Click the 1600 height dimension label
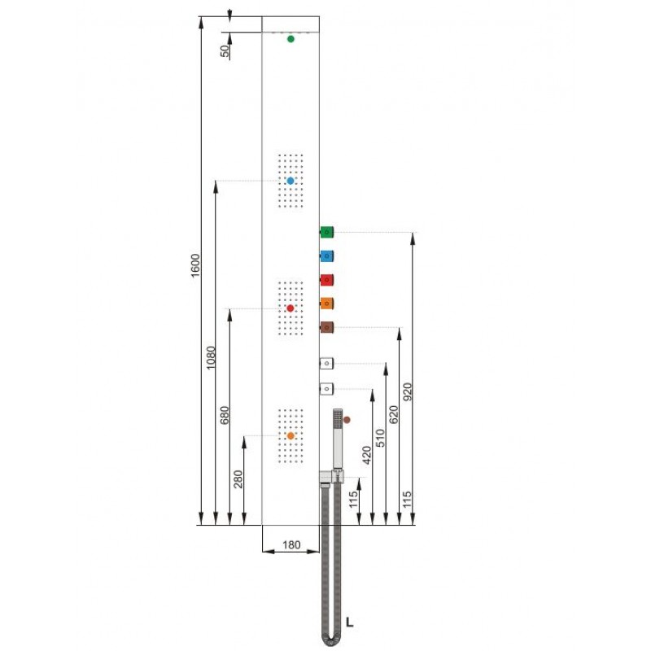[x=195, y=266]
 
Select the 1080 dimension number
[x=211, y=357]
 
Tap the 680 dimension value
[x=225, y=415]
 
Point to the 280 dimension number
[x=238, y=479]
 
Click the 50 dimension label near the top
[x=225, y=51]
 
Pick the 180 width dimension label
[x=291, y=544]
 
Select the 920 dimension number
[x=408, y=391]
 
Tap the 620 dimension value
[x=394, y=414]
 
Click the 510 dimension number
[x=380, y=438]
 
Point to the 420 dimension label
[x=367, y=455]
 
